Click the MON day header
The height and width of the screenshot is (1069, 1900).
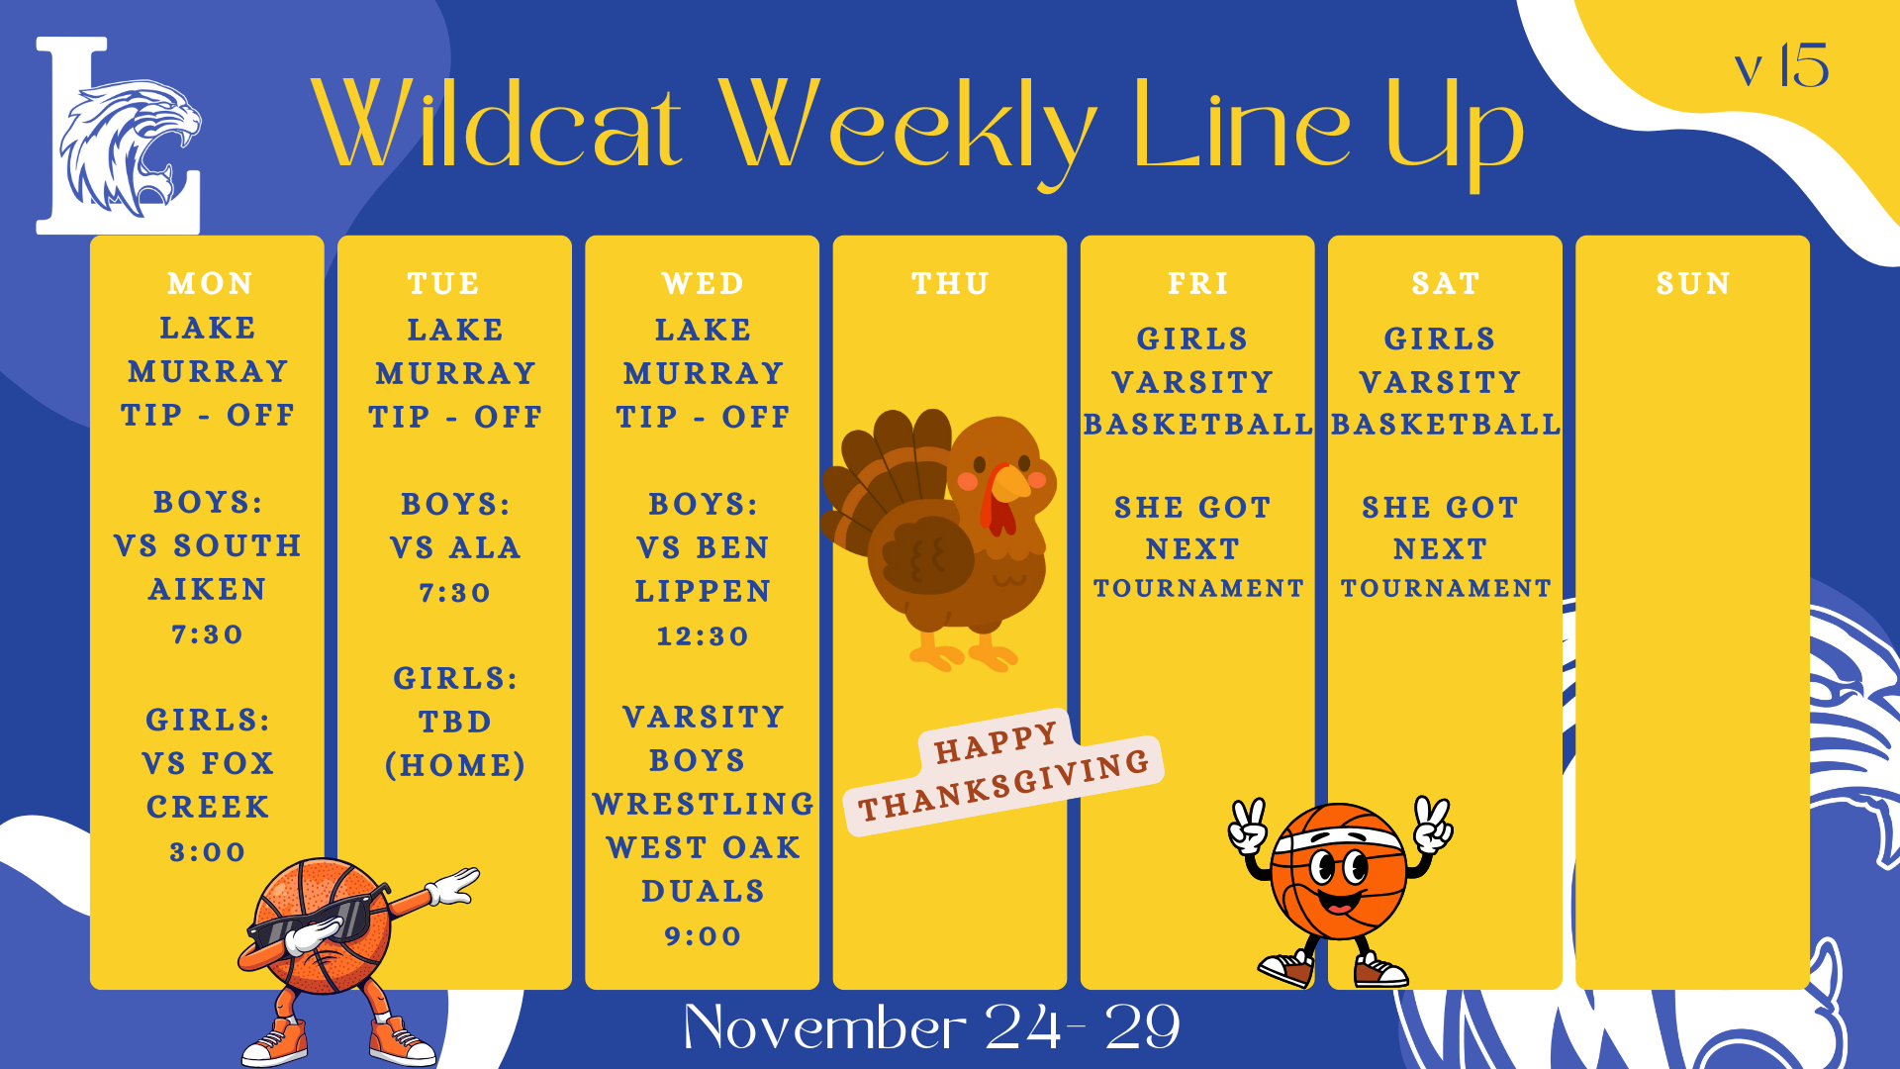click(210, 284)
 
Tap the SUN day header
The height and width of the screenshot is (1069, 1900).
click(1693, 284)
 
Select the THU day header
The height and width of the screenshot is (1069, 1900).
click(950, 284)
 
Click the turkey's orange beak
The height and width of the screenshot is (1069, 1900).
click(1010, 484)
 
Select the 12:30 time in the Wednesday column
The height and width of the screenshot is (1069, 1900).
click(703, 636)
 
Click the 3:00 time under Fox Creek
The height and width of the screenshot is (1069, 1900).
click(208, 852)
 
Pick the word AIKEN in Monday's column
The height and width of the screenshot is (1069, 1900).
click(208, 590)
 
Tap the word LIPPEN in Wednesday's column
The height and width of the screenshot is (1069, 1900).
click(703, 592)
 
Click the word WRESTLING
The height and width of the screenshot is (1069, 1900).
click(703, 804)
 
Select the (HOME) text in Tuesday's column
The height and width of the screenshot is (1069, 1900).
click(455, 765)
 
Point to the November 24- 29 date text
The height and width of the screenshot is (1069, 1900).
click(931, 1027)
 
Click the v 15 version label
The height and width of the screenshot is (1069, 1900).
click(1781, 67)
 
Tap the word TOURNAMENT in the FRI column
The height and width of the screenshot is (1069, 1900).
click(1198, 589)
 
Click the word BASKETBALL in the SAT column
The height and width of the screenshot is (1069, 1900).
click(1446, 425)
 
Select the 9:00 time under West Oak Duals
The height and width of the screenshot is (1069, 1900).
click(703, 936)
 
